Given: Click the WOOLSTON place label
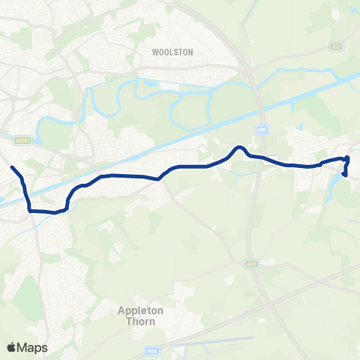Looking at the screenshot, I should coord(172,52).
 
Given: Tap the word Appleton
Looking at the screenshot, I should coord(135,310).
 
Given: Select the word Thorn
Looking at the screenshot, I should coord(136,321).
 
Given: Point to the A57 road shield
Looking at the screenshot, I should coord(335,46).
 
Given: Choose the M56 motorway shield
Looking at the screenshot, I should coord(151,350).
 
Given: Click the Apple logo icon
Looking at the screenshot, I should coord(11,347).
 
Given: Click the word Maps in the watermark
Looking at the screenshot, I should coord(32,347).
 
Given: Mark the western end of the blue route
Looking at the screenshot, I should coord(12,166).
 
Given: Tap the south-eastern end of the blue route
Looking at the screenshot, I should coord(344,175).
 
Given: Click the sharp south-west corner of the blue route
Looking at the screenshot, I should coord(31,211).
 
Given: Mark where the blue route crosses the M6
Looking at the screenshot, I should coord(257,157).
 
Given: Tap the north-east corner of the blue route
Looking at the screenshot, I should coord(348,157).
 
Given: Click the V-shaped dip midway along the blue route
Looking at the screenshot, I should coord(159,178).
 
